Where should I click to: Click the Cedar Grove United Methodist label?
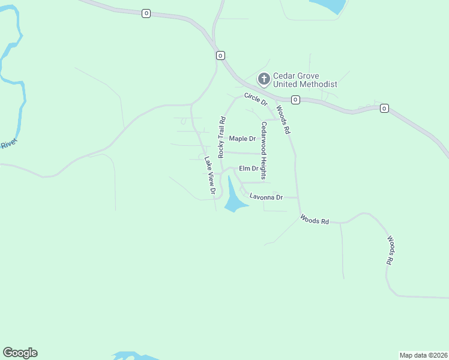pyautogui.click(x=305, y=80)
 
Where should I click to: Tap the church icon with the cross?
pyautogui.click(x=264, y=79)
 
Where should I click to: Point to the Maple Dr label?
pyautogui.click(x=243, y=139)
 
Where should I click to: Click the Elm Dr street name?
pyautogui.click(x=248, y=169)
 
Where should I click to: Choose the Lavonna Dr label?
pyautogui.click(x=266, y=197)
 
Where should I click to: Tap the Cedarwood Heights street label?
pyautogui.click(x=263, y=151)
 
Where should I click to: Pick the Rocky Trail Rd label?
pyautogui.click(x=221, y=137)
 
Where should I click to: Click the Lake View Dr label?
pyautogui.click(x=209, y=175)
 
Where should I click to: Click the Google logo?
pyautogui.click(x=20, y=353)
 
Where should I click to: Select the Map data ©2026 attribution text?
pyautogui.click(x=424, y=355)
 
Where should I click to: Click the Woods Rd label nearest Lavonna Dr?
pyautogui.click(x=315, y=220)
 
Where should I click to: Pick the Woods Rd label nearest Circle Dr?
pyautogui.click(x=283, y=120)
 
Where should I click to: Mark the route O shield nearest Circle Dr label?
pyautogui.click(x=295, y=100)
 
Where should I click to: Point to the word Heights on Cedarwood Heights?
pyautogui.click(x=263, y=164)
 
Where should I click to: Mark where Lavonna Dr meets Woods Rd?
pyautogui.click(x=298, y=197)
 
